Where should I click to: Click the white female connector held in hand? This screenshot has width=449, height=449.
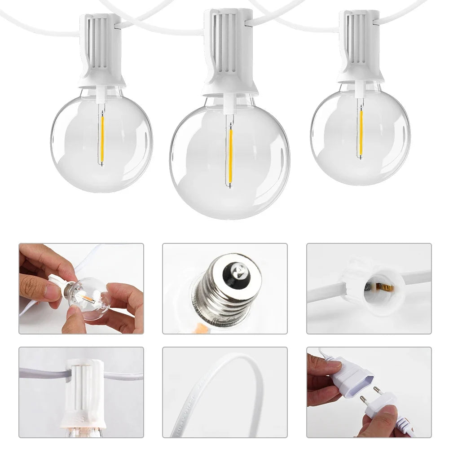pos(353,374)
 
